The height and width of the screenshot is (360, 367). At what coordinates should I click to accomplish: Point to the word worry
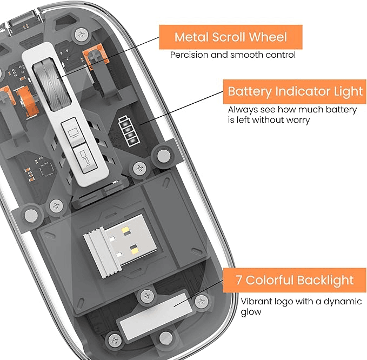[297, 119]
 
